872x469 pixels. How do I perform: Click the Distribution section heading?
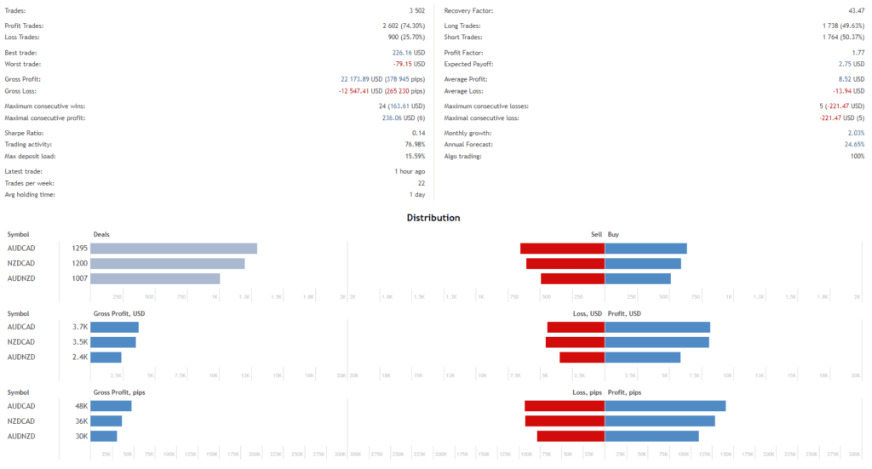pos(433,218)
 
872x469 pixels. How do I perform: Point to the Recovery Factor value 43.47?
pos(854,10)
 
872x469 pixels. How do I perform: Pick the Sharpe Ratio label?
pos(24,134)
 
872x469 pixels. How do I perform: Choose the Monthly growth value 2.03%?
pos(855,134)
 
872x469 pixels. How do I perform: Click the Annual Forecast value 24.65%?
pos(852,144)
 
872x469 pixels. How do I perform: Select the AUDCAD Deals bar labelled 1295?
pos(174,249)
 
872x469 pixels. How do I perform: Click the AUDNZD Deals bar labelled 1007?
pos(155,278)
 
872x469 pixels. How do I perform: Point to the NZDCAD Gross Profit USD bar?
pos(113,342)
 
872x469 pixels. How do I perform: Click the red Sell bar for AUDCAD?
pos(562,249)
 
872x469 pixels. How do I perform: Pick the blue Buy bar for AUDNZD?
pos(638,278)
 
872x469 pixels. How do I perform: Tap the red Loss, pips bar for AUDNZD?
pos(571,436)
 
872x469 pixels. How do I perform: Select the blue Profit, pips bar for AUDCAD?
pos(665,406)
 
